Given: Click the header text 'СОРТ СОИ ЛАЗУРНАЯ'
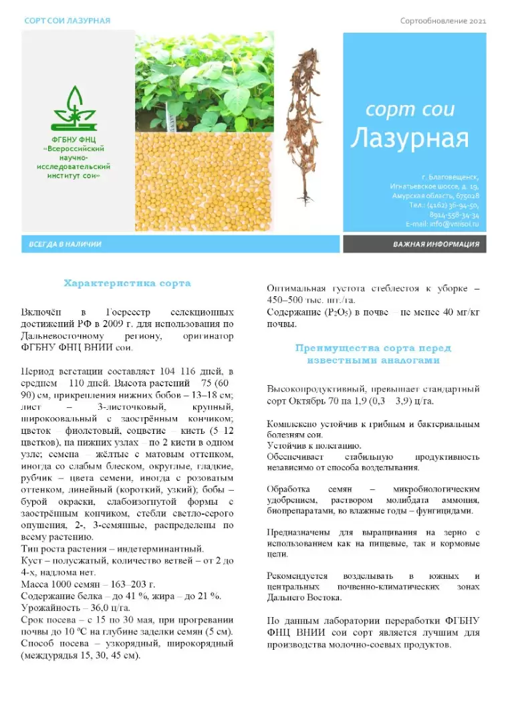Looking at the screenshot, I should (61, 21).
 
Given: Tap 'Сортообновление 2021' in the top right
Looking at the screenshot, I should (443, 21).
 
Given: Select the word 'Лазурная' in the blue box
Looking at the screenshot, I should (409, 138).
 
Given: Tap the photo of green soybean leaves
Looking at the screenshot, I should (204, 80).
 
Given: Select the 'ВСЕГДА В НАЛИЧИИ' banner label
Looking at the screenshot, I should (65, 244).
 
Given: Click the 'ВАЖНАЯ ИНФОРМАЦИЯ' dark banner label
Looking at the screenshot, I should (436, 244).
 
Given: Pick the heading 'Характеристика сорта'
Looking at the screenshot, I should (127, 283).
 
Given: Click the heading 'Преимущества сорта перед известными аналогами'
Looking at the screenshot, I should (373, 354).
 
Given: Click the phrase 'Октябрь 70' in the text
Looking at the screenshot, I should (313, 401).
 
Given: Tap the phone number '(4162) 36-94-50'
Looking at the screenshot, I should (454, 207).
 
